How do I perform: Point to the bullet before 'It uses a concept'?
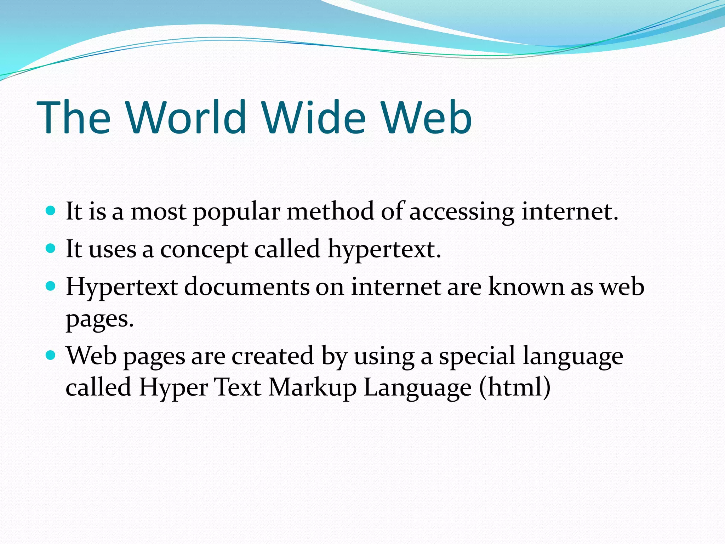[51, 249]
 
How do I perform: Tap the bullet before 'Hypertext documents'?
[51, 286]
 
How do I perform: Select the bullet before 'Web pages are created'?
[51, 355]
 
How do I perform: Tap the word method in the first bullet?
[330, 211]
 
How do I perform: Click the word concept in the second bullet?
[204, 250]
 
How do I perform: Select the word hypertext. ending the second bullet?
[384, 250]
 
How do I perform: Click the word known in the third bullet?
[526, 287]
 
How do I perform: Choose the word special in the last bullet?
[477, 356]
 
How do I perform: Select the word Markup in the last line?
[312, 387]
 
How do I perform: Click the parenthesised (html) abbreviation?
[515, 387]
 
